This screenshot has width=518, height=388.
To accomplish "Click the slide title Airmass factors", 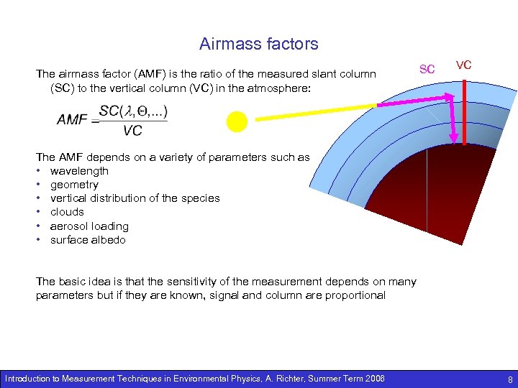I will point(258,44).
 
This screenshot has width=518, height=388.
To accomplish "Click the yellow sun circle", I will point(236,122).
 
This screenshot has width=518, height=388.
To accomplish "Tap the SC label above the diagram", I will point(427,69).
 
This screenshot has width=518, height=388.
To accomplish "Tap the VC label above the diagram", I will point(464,65).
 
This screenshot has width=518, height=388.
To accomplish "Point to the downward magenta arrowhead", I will point(455,137).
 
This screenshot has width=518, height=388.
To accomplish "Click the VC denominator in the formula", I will point(132,131).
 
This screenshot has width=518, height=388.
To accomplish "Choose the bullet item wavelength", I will point(79,171).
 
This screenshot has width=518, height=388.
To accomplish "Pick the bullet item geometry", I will point(74,185).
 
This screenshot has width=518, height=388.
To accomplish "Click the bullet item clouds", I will point(67,212).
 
